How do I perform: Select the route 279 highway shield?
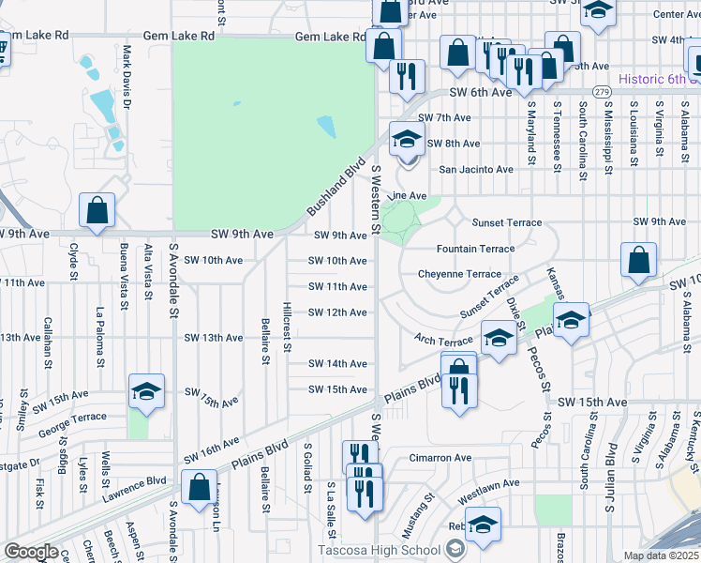(602, 92)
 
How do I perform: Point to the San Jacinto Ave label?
(476, 170)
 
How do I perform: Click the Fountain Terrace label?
(475, 249)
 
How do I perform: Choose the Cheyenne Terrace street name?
(459, 273)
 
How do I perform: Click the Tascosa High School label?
(379, 550)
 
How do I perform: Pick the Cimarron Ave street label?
(440, 458)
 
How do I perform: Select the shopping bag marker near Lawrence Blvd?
(199, 488)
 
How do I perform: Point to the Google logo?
(32, 552)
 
